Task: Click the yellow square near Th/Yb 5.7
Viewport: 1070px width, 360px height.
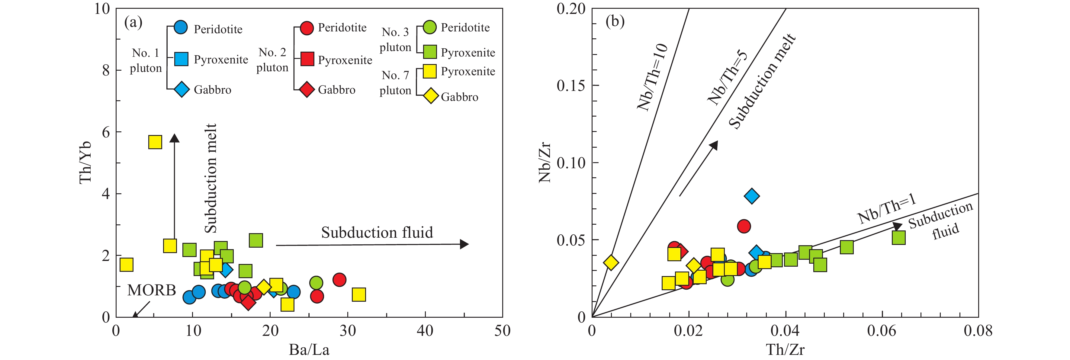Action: click(155, 142)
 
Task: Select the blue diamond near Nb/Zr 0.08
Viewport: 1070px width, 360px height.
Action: click(752, 196)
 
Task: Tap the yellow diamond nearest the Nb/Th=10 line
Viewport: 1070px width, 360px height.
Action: click(611, 262)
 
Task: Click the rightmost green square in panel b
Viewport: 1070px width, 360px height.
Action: click(898, 237)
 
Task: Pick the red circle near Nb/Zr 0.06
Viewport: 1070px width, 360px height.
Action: click(744, 226)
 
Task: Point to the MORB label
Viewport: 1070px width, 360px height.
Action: click(152, 290)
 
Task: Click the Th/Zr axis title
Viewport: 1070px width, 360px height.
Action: click(785, 350)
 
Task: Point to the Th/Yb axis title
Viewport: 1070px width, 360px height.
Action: click(85, 162)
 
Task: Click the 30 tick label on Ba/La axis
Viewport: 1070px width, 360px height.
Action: click(348, 331)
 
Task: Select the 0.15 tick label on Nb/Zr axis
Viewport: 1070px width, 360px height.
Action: click(571, 85)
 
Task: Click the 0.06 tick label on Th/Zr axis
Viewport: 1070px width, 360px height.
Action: click(882, 331)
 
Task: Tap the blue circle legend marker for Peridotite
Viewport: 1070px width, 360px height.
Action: click(181, 27)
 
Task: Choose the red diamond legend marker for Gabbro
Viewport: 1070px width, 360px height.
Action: click(307, 89)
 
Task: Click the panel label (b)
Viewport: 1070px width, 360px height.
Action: click(615, 21)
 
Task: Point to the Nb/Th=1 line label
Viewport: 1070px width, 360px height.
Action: click(887, 210)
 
